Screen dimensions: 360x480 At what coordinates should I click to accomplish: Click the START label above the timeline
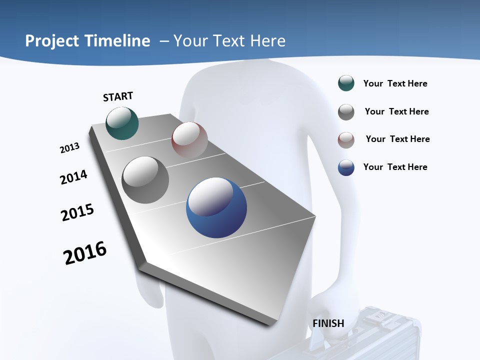(118, 96)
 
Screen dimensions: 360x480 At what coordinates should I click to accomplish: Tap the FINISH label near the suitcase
(328, 323)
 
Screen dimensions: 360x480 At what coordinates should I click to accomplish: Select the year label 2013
(69, 148)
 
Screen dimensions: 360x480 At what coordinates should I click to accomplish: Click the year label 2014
(73, 177)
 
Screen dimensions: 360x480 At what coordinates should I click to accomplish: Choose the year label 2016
(85, 253)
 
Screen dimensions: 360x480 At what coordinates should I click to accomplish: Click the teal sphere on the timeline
(122, 123)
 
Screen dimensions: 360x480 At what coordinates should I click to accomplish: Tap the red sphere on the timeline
(189, 140)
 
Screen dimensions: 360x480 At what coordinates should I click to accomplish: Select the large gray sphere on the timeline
(145, 180)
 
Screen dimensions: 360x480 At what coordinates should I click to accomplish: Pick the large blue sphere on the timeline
(216, 207)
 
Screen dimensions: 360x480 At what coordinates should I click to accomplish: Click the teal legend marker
(346, 83)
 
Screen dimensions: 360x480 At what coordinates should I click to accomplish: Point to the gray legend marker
(346, 111)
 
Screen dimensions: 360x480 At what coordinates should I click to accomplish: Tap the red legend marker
(346, 139)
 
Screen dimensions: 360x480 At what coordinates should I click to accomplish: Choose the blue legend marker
(346, 167)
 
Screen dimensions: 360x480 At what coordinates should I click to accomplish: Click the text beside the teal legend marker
(395, 83)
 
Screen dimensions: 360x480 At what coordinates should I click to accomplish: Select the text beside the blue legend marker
(395, 167)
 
